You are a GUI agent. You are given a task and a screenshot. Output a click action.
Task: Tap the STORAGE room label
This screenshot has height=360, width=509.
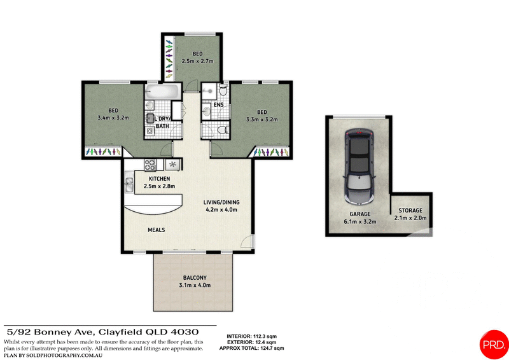point(410,211)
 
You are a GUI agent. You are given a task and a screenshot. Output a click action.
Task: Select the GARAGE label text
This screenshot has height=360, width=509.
point(359,214)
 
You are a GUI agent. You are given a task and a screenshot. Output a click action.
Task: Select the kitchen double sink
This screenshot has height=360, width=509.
point(129,184)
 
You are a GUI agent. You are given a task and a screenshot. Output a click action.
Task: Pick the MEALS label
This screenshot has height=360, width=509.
point(157,230)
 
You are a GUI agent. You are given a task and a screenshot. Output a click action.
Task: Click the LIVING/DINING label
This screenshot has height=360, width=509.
point(221,202)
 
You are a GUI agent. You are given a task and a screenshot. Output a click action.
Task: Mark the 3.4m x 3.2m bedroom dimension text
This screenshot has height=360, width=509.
point(114,118)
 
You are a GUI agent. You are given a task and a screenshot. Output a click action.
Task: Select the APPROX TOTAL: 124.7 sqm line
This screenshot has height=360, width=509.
point(251,349)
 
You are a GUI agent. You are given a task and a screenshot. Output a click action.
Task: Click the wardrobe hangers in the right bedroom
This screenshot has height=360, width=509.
point(272,153)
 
